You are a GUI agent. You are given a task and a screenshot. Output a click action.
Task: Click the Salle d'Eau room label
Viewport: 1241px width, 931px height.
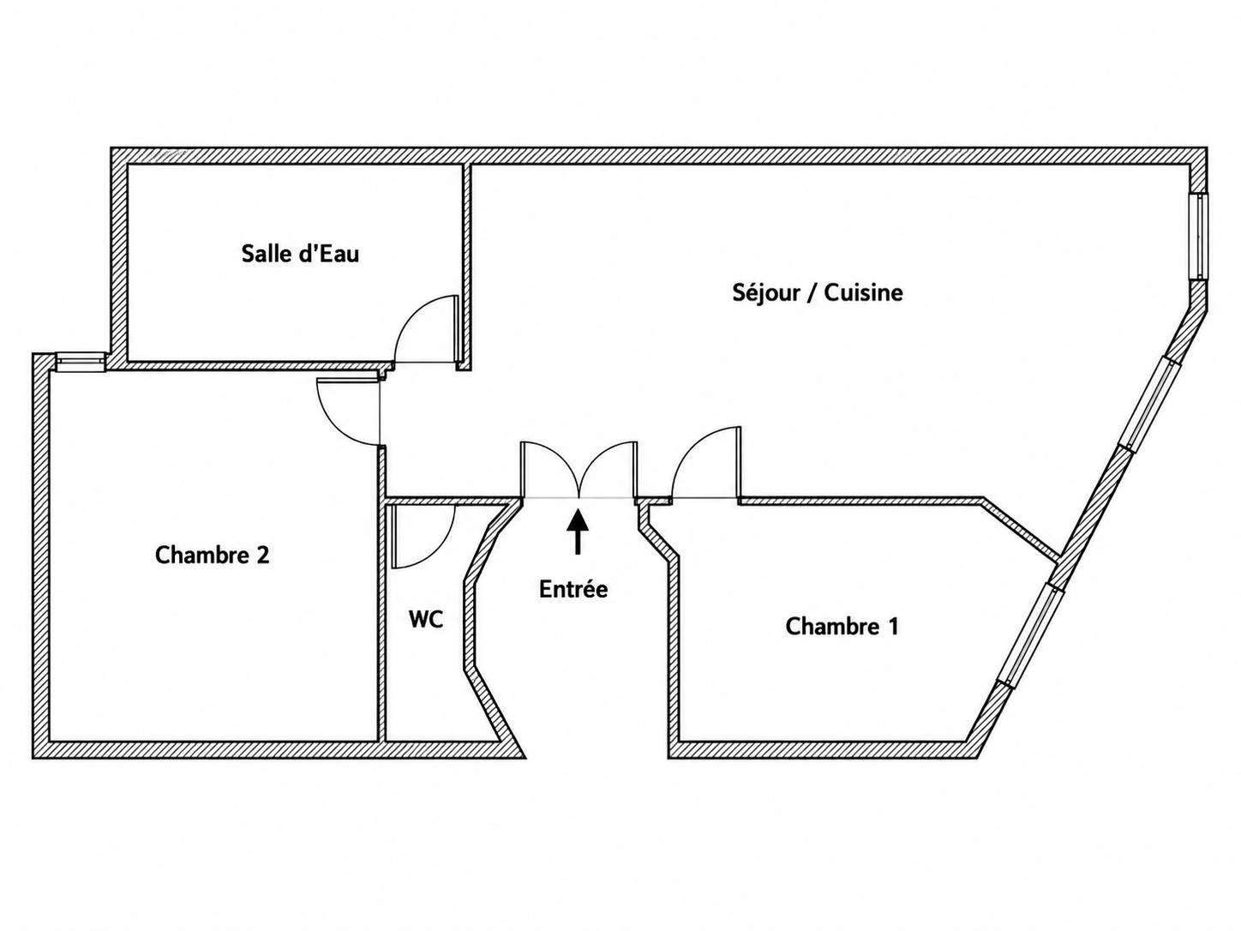[300, 253]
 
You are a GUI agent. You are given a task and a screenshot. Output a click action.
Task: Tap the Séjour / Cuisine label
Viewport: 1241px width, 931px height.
[818, 293]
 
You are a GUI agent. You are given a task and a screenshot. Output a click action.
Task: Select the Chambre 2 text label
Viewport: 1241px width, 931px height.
[212, 556]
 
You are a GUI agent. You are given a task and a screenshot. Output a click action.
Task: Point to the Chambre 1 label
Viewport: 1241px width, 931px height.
[842, 627]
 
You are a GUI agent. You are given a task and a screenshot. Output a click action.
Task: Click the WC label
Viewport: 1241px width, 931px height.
[426, 620]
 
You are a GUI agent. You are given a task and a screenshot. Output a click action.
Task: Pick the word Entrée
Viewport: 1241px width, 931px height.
[573, 590]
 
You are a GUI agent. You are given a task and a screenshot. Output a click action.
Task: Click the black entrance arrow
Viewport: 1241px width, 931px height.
[578, 532]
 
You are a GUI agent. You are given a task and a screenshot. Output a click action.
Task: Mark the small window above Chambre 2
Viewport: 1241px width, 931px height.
[81, 363]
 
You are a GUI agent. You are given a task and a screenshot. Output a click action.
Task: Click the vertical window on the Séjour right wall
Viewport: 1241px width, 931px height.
[1197, 236]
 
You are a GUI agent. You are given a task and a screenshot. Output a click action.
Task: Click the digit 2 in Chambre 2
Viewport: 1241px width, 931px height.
[263, 556]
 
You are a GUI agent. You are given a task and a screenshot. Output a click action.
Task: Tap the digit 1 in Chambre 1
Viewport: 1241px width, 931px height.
[892, 627]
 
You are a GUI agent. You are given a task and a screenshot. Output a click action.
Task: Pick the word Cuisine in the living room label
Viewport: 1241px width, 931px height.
[863, 293]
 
